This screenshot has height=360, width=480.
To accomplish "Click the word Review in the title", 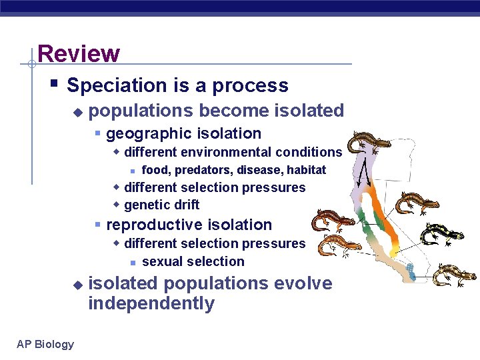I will click(79, 53).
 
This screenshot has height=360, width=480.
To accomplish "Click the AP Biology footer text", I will click(45, 344).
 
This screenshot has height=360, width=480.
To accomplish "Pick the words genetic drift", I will click(161, 205).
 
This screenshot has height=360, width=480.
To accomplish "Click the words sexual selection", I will click(193, 261).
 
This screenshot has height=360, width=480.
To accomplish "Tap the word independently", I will click(151, 304).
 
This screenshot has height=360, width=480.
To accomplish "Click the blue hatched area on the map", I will click(409, 270).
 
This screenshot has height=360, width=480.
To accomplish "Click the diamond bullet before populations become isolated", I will click(77, 111).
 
